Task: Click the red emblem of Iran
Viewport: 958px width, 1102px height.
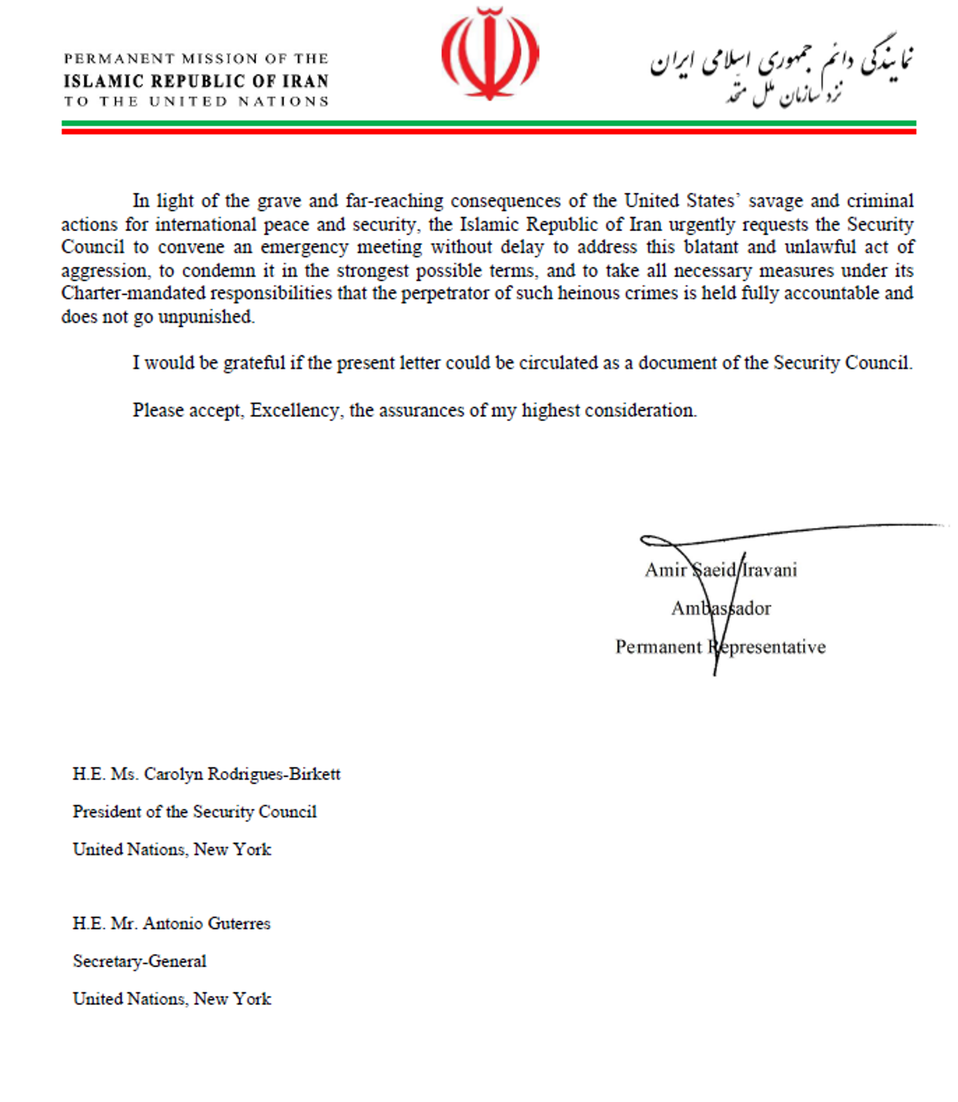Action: (x=490, y=54)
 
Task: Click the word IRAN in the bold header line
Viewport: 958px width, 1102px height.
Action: (x=306, y=81)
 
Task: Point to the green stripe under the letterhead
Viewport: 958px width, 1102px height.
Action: (x=489, y=123)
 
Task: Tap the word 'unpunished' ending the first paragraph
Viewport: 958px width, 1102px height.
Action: (x=206, y=316)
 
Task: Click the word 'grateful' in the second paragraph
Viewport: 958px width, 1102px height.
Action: (x=254, y=363)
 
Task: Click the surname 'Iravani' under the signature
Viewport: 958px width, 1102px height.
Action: (x=769, y=570)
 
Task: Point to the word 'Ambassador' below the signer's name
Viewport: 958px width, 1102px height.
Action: (x=721, y=608)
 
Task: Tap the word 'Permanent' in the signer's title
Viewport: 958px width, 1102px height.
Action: (x=658, y=647)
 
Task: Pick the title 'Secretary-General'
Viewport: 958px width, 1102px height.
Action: (x=140, y=961)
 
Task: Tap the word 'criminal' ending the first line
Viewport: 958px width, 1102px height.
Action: (x=880, y=201)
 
